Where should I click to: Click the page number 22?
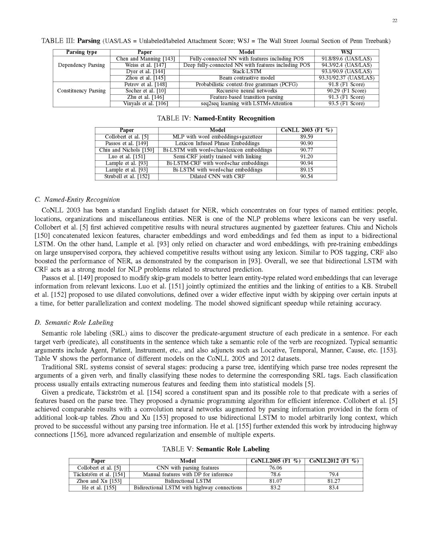point(394,21)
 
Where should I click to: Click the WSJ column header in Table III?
point(346,52)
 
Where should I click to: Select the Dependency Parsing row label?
point(81,65)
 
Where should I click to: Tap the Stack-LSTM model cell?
point(246,72)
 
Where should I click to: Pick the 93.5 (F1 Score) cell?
point(346,104)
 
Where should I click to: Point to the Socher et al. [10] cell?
point(144,91)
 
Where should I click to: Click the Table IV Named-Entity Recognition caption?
point(216,118)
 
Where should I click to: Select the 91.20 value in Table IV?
point(306,157)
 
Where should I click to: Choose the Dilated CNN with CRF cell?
point(217,176)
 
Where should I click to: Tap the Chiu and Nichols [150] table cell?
point(126,150)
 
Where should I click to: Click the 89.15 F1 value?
point(306,170)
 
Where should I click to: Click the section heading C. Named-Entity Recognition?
point(77,200)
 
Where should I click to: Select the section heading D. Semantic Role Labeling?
point(74,322)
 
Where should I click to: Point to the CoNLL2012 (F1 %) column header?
point(334,461)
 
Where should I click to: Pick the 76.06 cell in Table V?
point(275,468)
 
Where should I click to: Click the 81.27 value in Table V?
point(334,481)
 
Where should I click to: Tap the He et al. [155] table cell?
point(99,488)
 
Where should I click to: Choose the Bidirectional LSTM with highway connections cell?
point(188,488)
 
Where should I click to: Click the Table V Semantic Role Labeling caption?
point(216,449)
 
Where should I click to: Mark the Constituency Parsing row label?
point(81,91)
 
